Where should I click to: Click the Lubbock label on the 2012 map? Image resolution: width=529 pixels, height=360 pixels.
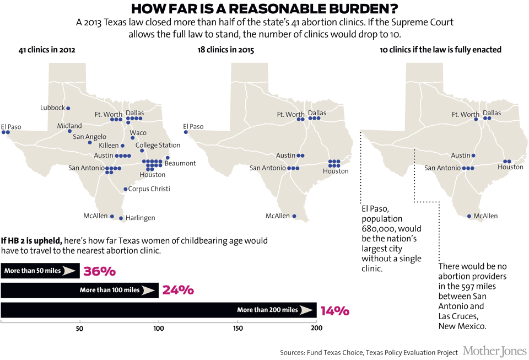pos(53,108)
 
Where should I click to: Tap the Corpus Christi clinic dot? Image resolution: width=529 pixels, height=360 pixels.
pos(126,189)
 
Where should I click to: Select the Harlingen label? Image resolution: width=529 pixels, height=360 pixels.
pos(141,218)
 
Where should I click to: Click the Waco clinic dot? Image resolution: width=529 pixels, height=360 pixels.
pos(133,138)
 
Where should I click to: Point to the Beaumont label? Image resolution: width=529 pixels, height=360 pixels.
pos(180,163)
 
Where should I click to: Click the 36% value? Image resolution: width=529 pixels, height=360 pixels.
pos(99,271)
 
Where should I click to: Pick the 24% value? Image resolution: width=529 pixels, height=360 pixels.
pos(178,291)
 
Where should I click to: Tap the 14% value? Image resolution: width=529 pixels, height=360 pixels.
pos(334,310)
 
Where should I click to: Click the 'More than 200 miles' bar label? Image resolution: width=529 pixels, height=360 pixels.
pos(268,310)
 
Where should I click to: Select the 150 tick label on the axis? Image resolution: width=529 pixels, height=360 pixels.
pos(237,329)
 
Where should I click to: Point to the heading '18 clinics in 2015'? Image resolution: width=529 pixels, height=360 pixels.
pos(225,50)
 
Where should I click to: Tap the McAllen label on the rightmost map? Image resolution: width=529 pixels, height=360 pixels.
pos(485,216)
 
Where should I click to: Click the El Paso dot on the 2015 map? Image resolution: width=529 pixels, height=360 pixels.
pos(186,132)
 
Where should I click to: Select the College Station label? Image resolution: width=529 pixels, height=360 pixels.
pos(158,146)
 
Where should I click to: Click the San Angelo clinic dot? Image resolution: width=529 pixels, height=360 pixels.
pos(90,142)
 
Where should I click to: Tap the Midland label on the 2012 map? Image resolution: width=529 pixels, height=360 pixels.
pos(69,126)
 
